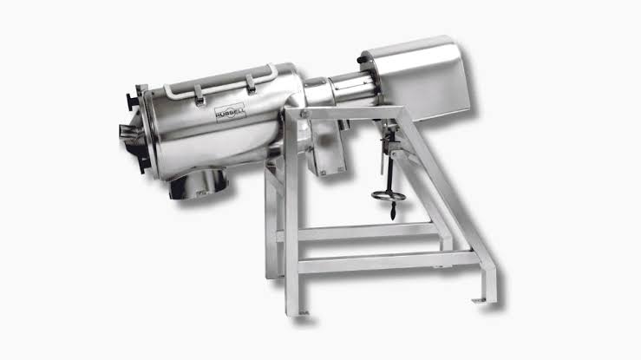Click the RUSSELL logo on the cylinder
pos(230,113)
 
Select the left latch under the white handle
pos(199,95)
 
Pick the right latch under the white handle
pos(251,85)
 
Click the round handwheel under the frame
pos(389,196)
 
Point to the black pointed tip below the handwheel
pos(393,213)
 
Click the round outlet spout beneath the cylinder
pos(199,184)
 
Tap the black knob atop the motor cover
pos(363,60)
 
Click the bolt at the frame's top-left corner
pos(304,115)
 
